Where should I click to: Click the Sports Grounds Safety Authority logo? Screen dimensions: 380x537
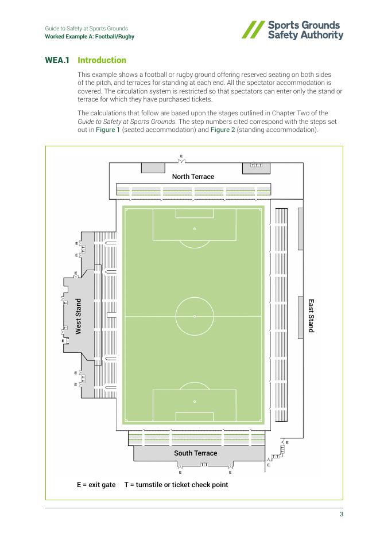[293, 30]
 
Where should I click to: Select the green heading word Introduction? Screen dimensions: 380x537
[102, 60]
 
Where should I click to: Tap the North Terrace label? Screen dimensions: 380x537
[193, 177]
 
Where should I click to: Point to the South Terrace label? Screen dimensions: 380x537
[196, 453]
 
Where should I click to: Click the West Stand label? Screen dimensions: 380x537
[79, 316]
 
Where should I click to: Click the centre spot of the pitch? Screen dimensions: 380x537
[195, 316]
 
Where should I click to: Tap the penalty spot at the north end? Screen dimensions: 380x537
[195, 229]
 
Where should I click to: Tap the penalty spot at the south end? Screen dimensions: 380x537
[195, 402]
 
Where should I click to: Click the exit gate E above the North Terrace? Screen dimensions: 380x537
[181, 156]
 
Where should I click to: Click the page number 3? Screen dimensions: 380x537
[341, 514]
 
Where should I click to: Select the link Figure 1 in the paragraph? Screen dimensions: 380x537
[109, 130]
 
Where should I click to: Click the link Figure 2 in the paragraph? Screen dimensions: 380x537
[222, 130]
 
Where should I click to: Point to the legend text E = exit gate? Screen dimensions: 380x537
[96, 485]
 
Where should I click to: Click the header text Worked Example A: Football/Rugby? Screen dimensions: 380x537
[90, 37]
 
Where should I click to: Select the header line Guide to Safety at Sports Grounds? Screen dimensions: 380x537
[87, 28]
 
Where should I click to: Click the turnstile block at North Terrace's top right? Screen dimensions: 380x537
[257, 165]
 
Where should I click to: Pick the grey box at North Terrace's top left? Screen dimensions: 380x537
[153, 168]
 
